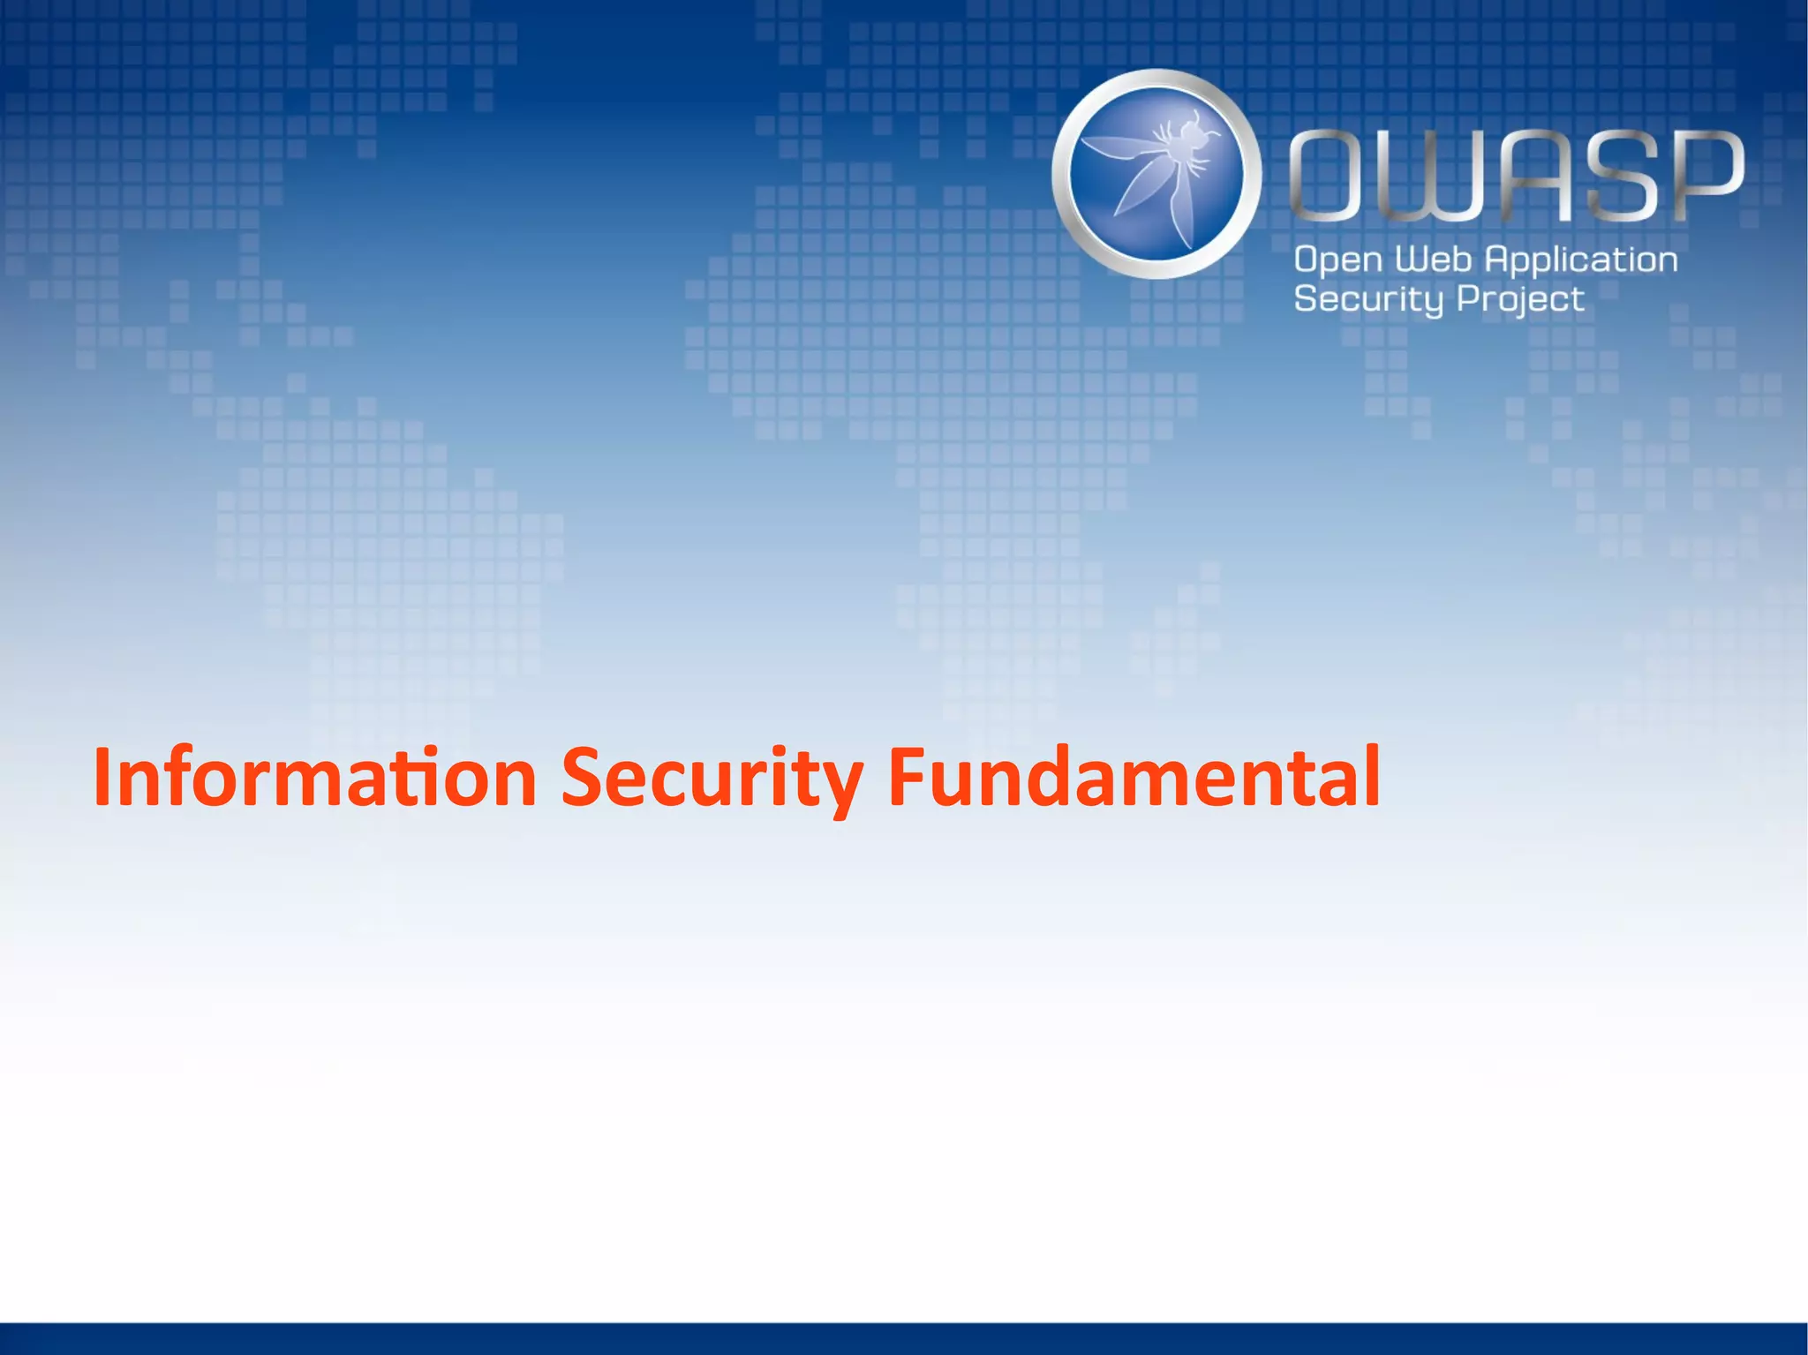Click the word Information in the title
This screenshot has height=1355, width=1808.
(314, 778)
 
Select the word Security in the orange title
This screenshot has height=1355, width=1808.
(712, 778)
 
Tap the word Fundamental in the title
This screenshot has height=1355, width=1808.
(1134, 778)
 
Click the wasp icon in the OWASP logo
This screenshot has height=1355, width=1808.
(1156, 174)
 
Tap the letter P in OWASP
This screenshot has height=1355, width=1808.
(1705, 174)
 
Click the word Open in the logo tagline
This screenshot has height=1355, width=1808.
(1337, 261)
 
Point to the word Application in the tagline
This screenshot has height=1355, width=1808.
(1580, 261)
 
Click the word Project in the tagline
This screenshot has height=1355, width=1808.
(1520, 300)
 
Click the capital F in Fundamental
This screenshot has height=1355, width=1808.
(905, 778)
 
